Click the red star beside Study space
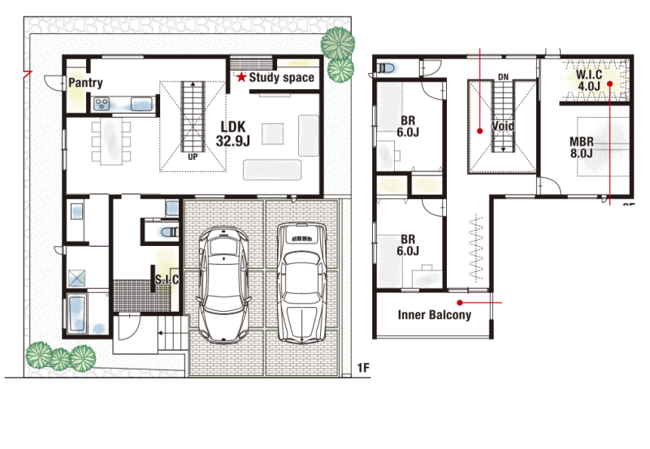point(241,77)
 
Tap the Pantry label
point(85,83)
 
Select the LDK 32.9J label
point(233,134)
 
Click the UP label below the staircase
point(193,157)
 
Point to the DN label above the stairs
point(503,77)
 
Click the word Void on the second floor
point(503,126)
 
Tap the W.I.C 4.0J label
point(589,80)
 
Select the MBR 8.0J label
point(581,148)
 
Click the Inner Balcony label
point(435,315)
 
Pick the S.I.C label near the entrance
point(167,279)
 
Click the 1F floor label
point(363,368)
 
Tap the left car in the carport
point(224,284)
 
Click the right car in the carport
point(301,283)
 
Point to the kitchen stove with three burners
point(102,104)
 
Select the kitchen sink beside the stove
point(141,104)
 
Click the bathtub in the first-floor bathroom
point(77,314)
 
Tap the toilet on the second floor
point(386,67)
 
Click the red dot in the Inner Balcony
point(459,303)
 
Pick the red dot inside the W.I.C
point(610,84)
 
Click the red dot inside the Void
point(479,131)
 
